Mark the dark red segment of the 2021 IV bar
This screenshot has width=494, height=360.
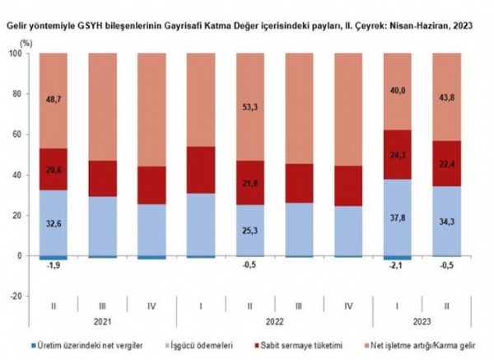pyautogui.click(x=151, y=185)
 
